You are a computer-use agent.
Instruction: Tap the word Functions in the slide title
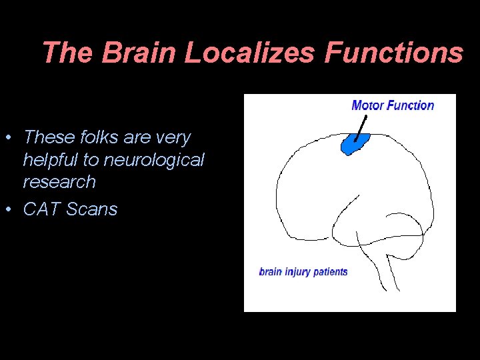(393, 53)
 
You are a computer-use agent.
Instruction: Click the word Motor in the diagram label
(367, 105)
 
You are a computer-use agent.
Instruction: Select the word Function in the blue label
(410, 105)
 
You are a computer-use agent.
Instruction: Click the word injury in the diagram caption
(297, 272)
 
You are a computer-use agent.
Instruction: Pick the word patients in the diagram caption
(330, 272)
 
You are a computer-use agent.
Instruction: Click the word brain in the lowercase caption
(271, 272)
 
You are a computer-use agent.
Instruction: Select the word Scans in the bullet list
(91, 209)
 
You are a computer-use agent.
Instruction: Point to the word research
(59, 182)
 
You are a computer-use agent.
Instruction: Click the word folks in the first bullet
(97, 138)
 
